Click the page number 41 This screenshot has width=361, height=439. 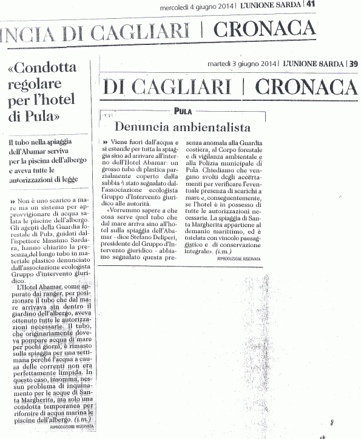click(354, 4)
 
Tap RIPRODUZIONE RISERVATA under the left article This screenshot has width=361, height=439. click(75, 427)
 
